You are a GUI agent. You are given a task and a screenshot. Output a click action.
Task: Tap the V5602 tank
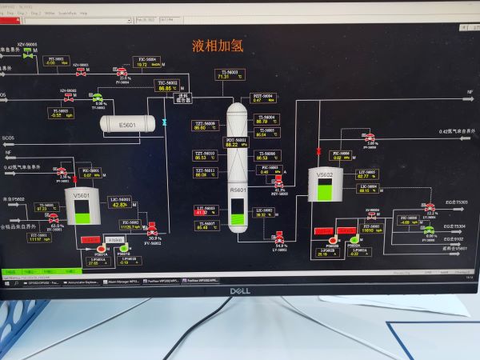tap(324, 185)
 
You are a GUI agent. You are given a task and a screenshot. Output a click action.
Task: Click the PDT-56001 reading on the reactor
tap(237, 142)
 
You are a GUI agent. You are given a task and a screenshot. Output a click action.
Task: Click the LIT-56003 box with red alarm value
tap(206, 210)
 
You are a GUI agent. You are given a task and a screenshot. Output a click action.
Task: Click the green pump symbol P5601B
tap(126, 249)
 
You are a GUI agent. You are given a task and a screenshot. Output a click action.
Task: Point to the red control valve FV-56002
tap(152, 229)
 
